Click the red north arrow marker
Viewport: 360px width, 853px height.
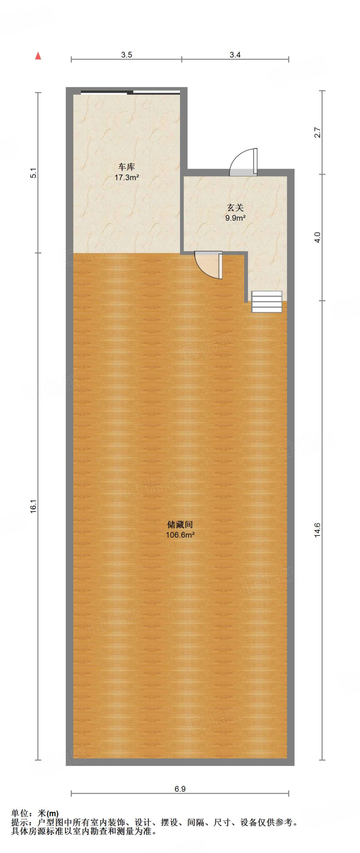[x=38, y=56]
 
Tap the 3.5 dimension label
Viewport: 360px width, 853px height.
[x=126, y=55]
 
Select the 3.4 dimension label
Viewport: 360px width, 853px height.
[x=235, y=55]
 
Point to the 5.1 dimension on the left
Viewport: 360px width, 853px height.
[x=34, y=172]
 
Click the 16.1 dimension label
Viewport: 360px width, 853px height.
[x=34, y=506]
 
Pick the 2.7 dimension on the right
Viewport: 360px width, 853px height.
[x=317, y=132]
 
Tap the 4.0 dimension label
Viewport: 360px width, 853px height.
[x=317, y=237]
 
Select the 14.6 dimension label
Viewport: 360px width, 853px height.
[x=317, y=530]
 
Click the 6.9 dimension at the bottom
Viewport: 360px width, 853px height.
[x=180, y=788]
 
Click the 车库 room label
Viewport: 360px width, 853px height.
[x=127, y=167]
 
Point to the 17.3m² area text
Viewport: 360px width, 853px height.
[x=127, y=177]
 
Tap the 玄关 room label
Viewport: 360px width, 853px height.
[x=235, y=207]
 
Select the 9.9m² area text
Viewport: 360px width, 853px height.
[x=235, y=218]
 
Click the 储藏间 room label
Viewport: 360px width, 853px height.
[x=180, y=524]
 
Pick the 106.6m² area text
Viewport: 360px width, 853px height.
[x=180, y=535]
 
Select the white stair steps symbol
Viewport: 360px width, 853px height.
[x=267, y=302]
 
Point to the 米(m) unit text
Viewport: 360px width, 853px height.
[x=48, y=813]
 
